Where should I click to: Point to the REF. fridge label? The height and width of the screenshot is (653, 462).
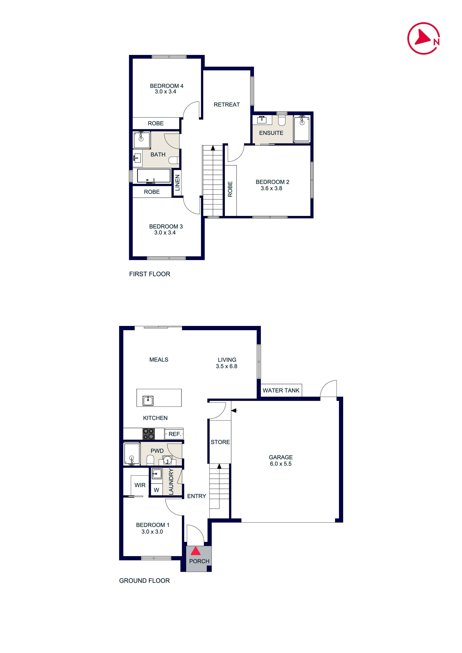pos(175,434)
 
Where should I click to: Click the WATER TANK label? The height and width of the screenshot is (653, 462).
pos(281,391)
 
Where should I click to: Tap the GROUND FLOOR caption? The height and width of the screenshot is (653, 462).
pos(144,580)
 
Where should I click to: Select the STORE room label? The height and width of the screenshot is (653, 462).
pos(220,442)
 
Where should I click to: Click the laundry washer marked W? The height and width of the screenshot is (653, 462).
pos(156,490)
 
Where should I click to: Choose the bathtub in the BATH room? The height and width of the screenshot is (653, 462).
pos(154,176)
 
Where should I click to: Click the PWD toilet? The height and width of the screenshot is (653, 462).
pos(150,459)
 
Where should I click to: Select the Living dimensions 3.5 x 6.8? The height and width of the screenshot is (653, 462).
pos(226,366)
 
